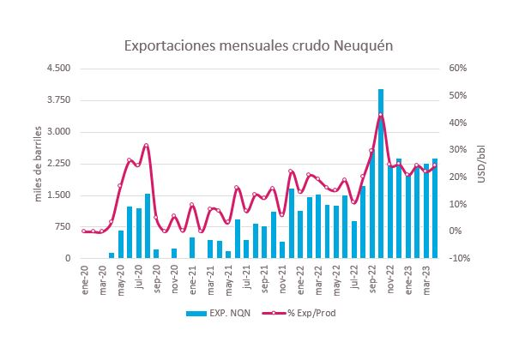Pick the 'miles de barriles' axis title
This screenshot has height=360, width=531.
(x=39, y=163)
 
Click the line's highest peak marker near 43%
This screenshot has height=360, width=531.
(x=381, y=115)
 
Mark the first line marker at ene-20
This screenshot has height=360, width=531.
(x=84, y=231)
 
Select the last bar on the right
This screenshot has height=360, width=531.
(x=435, y=208)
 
